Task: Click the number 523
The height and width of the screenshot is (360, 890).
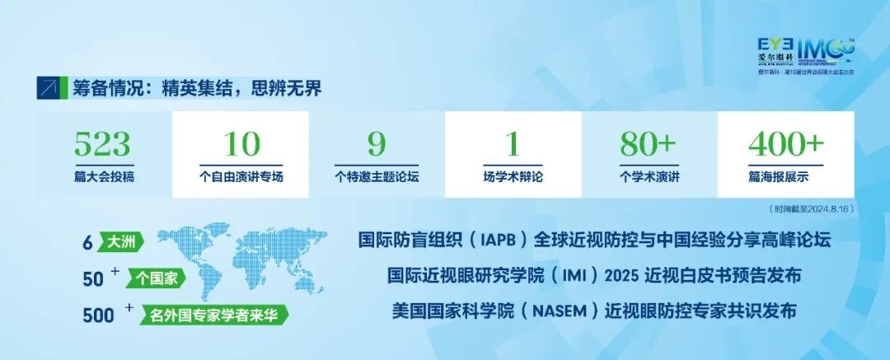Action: pos(103,145)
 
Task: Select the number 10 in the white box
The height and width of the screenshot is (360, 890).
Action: pos(241,145)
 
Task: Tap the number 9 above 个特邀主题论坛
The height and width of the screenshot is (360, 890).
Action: pos(377,145)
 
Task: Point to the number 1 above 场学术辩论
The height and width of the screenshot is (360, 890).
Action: pos(513,145)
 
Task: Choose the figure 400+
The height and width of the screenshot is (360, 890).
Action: pos(785,145)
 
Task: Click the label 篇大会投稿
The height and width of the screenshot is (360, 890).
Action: pos(103,176)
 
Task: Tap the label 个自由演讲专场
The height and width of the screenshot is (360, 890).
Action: pos(241,176)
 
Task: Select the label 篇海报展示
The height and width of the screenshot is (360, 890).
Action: pos(785,176)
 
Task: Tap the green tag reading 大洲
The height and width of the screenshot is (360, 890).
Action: pos(122,242)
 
